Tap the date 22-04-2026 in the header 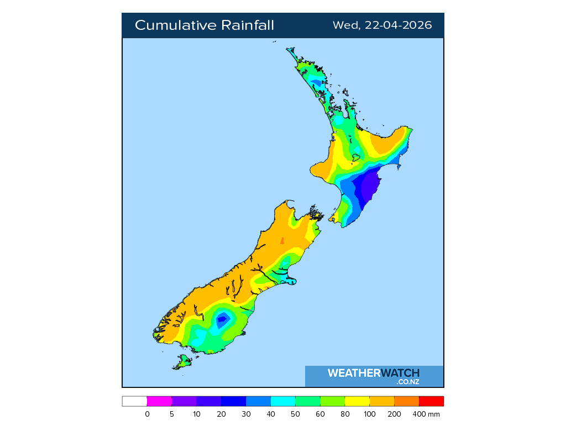click(398, 25)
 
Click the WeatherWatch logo click(374, 376)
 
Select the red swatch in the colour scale click(431, 401)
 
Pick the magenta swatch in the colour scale click(159, 401)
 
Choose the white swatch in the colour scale click(134, 401)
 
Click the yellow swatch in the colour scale click(357, 401)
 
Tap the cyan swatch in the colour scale click(283, 401)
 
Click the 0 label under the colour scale click(147, 414)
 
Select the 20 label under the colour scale click(221, 414)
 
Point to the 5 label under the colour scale click(172, 414)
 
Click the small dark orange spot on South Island click(282, 241)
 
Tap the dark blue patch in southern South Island click(223, 319)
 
